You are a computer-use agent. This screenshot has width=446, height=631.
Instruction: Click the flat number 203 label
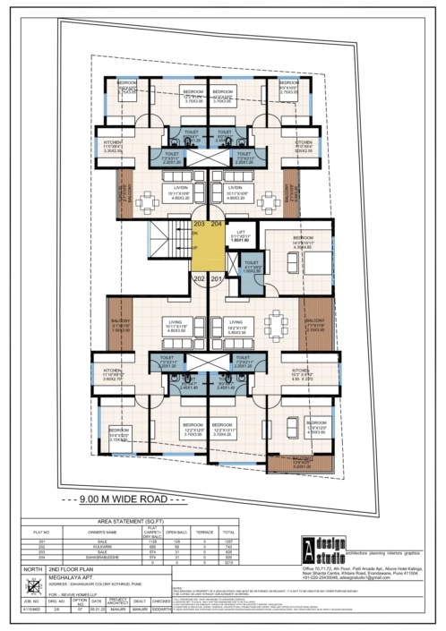pyautogui.click(x=199, y=223)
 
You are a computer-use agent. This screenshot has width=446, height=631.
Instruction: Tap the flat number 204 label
pyautogui.click(x=216, y=223)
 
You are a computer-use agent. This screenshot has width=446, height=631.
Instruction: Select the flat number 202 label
pyautogui.click(x=199, y=278)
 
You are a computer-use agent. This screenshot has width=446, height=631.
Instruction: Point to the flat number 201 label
pyautogui.click(x=216, y=278)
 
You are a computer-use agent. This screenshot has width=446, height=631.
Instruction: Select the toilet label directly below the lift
pyautogui.click(x=252, y=267)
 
